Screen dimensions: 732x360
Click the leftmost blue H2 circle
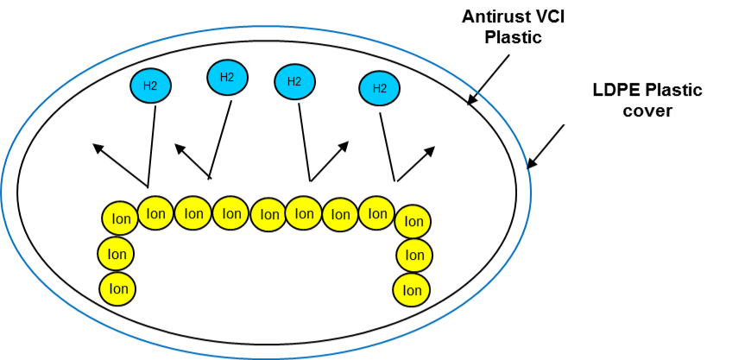(x=150, y=85)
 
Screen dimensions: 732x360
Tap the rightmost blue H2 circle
(x=379, y=88)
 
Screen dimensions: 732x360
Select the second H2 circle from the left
(x=227, y=78)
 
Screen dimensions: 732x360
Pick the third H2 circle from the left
(x=294, y=81)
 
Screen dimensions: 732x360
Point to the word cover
(x=647, y=111)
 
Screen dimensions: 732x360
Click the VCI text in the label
(x=552, y=16)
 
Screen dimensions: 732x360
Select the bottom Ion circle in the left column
(x=118, y=289)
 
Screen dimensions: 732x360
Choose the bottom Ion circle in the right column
(x=411, y=290)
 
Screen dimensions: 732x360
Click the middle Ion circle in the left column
(x=117, y=254)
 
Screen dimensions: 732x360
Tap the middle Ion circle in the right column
(x=414, y=255)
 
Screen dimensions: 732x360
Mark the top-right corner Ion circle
(x=413, y=220)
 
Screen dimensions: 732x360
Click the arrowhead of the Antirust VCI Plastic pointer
(x=472, y=99)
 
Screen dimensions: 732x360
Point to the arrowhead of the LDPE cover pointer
(x=532, y=163)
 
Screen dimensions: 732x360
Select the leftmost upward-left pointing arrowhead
(x=98, y=148)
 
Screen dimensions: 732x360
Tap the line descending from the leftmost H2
(x=152, y=146)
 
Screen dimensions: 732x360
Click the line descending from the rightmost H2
(x=388, y=147)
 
